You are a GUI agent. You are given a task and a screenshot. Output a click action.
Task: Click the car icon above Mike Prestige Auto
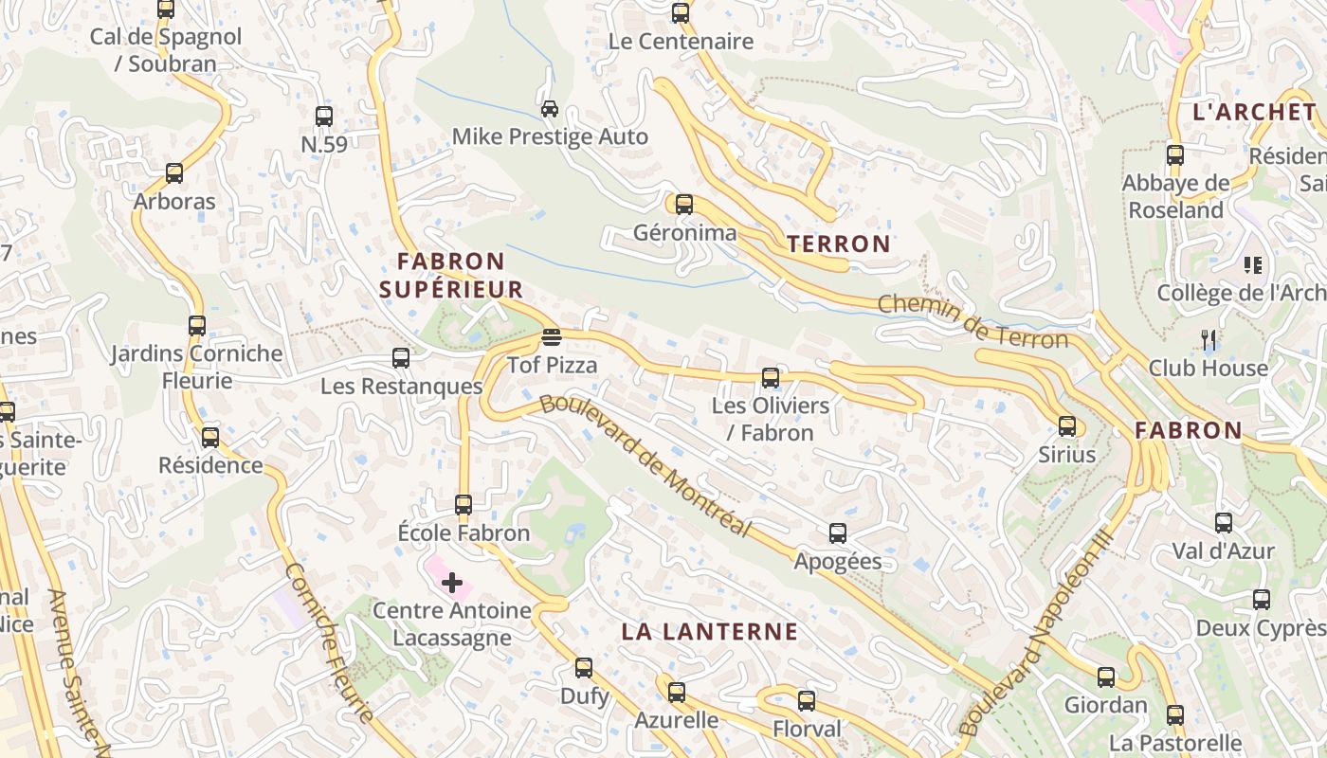point(549,108)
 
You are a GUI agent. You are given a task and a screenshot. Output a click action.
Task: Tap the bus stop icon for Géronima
point(683,205)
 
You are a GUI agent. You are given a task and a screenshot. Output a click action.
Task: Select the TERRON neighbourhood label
point(839,244)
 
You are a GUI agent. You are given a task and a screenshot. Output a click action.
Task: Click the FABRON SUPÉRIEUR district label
point(451,275)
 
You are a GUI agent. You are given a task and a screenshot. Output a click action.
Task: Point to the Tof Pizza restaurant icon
point(552,337)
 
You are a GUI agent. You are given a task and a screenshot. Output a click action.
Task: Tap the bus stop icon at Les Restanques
point(401,358)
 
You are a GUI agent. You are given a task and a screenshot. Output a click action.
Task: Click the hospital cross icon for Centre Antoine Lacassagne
point(452,583)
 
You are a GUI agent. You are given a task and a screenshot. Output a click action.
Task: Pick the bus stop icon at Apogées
point(838,533)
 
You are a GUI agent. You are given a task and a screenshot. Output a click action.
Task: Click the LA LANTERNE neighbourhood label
point(710,632)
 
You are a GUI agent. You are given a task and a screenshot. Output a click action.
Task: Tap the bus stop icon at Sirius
point(1067,426)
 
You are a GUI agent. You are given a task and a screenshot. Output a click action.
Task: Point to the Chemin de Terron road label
point(973,321)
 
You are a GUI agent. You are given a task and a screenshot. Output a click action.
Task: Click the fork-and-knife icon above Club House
point(1208,340)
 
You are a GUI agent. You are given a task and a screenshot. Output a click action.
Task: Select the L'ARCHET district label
point(1254,112)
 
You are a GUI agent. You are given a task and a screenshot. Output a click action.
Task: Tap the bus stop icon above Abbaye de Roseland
point(1175,155)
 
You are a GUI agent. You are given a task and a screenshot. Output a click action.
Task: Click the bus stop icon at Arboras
point(174,173)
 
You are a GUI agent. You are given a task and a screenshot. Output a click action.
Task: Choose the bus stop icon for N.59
point(324,117)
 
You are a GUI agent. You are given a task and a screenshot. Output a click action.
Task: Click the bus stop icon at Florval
point(807,701)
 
